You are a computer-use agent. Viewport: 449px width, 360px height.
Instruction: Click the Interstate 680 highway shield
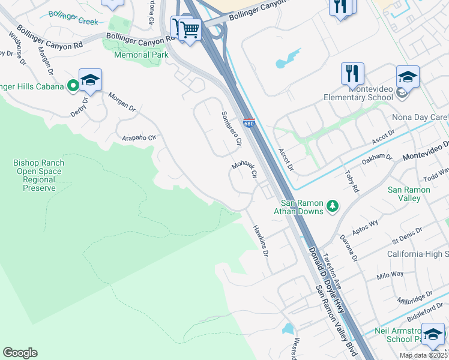(x=249, y=124)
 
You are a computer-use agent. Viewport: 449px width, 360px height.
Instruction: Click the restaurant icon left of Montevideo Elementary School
(x=352, y=73)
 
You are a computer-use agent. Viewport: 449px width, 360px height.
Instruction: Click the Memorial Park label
(x=139, y=55)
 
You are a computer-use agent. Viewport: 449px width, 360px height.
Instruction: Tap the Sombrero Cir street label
(x=231, y=129)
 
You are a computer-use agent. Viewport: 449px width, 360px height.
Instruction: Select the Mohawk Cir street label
(x=245, y=170)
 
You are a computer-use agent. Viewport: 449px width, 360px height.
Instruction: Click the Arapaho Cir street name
(x=139, y=137)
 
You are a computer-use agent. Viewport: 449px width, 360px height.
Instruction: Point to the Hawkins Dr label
(x=260, y=241)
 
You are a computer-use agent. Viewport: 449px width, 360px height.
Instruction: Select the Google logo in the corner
(x=20, y=353)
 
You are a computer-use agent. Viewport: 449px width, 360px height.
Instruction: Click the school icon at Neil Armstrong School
(x=432, y=334)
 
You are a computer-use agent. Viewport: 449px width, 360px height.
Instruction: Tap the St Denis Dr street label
(x=406, y=235)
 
